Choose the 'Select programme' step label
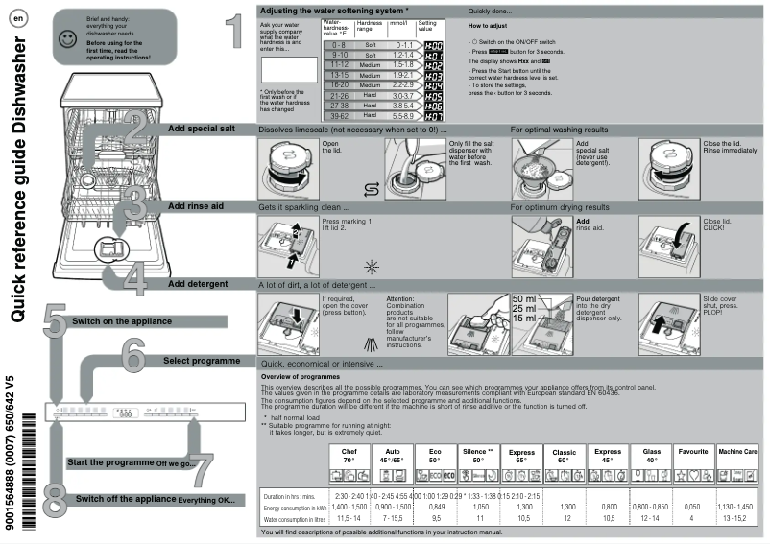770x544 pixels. pyautogui.click(x=201, y=361)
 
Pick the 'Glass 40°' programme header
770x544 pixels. pyautogui.click(x=651, y=455)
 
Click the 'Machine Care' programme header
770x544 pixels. pyautogui.click(x=737, y=451)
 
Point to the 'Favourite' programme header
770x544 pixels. pyautogui.click(x=692, y=451)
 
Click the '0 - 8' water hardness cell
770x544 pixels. pyautogui.click(x=338, y=45)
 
